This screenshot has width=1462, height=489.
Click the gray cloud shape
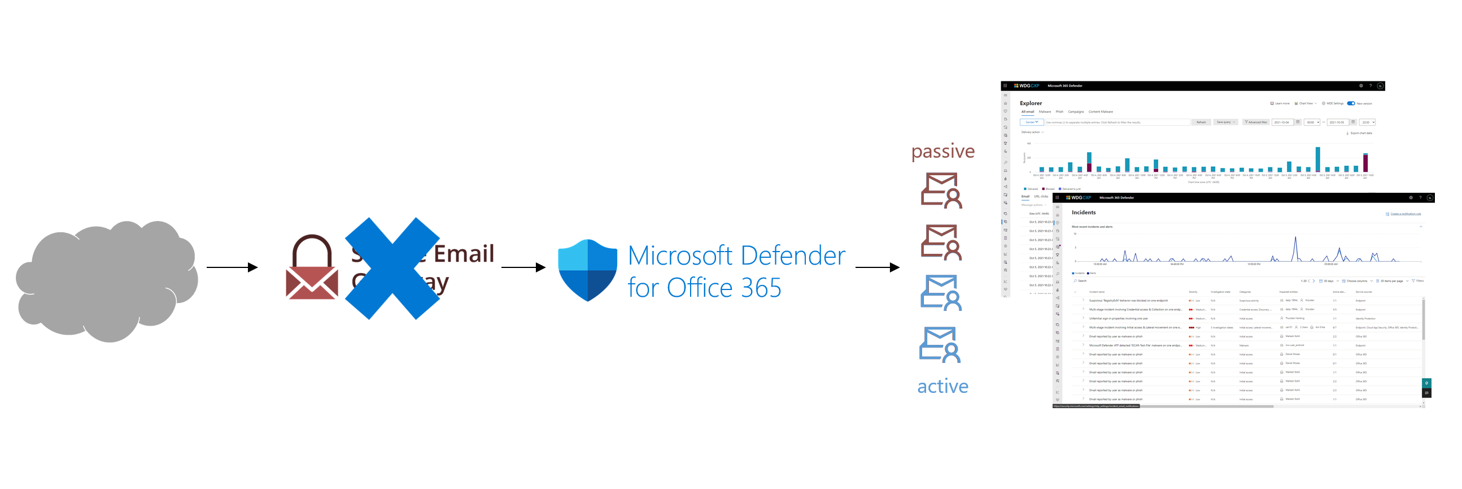tap(108, 281)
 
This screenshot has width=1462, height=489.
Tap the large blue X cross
tap(392, 268)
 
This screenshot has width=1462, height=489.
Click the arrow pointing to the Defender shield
tap(523, 267)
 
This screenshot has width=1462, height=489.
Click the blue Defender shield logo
tap(587, 270)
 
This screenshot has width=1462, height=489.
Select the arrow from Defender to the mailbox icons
tap(877, 267)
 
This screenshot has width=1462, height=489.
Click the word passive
tap(942, 151)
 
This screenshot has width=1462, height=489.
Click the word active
tap(942, 386)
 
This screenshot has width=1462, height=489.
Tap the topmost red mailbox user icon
tap(941, 191)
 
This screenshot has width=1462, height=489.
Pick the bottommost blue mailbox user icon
tap(940, 345)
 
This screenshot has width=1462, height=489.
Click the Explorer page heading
tap(1031, 103)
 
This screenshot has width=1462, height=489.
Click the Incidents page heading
tap(1084, 213)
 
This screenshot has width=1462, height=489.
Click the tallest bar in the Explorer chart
tap(1317, 159)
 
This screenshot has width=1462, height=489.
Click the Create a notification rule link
tap(1405, 214)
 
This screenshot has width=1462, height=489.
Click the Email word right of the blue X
tap(464, 254)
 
